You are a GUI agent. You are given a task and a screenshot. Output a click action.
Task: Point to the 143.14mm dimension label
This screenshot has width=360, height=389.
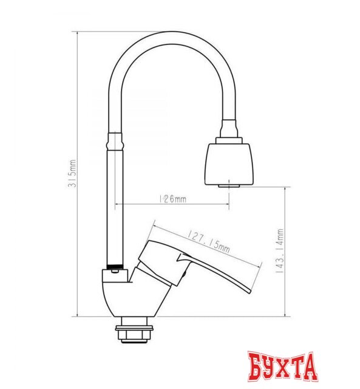click(x=279, y=252)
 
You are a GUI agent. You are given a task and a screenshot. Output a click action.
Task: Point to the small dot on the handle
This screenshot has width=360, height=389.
click(x=180, y=278)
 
